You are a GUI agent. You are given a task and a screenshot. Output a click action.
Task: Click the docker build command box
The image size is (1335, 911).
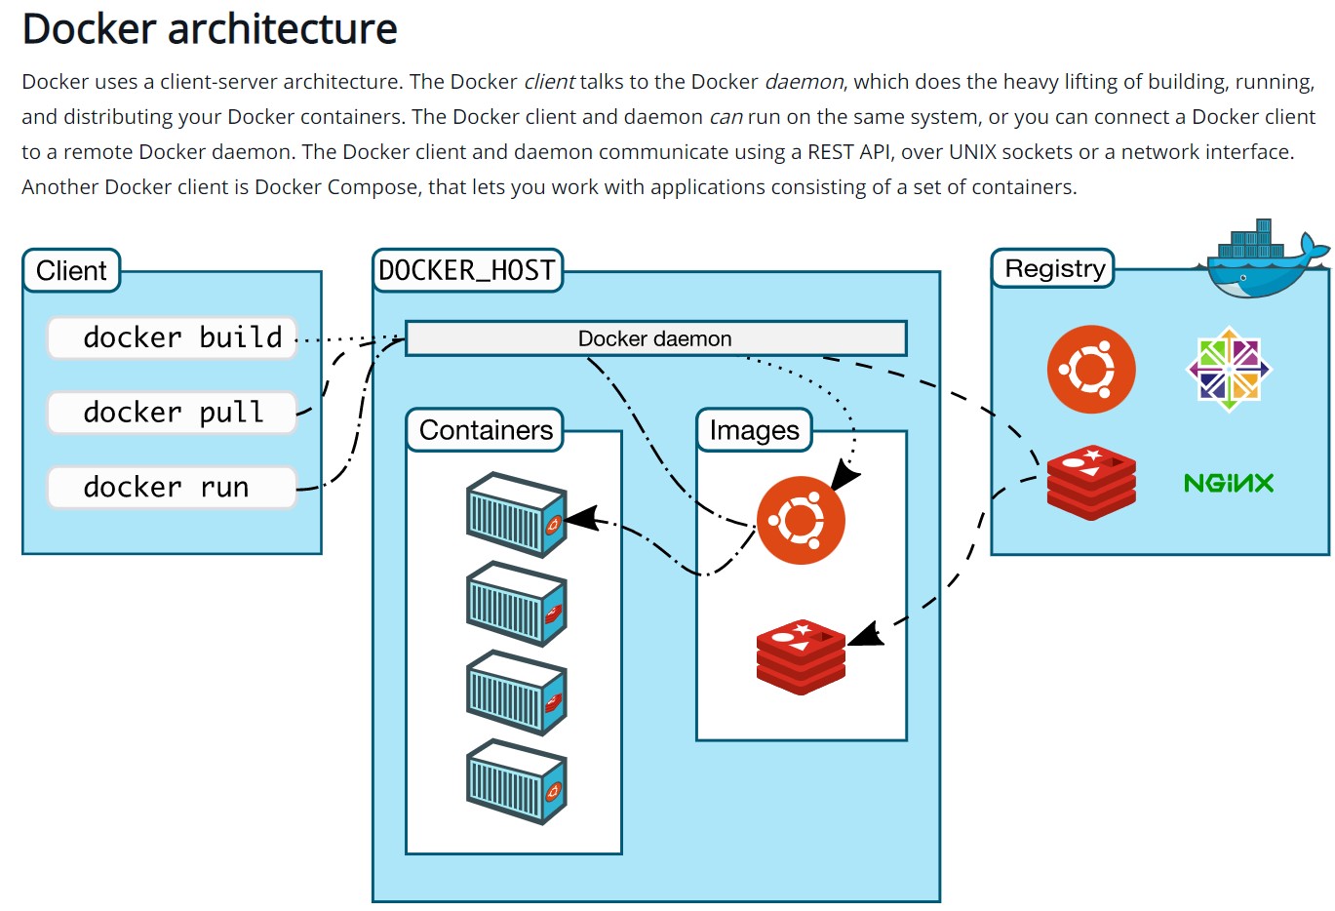coord(172,337)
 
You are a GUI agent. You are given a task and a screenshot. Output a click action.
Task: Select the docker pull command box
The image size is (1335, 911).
coord(172,413)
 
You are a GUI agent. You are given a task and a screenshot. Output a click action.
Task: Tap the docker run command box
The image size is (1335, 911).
coord(172,487)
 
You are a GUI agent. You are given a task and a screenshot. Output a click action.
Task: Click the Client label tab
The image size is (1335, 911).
coord(71,270)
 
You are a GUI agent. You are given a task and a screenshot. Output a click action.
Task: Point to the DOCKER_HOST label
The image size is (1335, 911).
coord(467,270)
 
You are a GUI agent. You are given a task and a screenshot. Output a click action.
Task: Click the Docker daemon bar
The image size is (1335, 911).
coord(655,338)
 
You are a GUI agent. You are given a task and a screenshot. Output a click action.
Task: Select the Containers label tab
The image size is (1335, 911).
coord(486,430)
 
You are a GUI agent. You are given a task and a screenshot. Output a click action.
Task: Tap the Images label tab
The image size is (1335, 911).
coord(754,430)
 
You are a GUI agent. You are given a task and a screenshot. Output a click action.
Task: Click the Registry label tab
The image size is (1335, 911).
coord(1054,268)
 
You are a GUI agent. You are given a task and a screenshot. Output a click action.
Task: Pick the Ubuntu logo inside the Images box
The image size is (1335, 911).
coord(801,520)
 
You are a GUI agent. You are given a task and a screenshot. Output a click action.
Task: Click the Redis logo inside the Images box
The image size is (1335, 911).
coord(801,655)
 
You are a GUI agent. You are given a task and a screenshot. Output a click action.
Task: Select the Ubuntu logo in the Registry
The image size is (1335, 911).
coord(1091,370)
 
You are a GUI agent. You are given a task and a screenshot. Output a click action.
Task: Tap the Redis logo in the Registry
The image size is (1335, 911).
coord(1091,482)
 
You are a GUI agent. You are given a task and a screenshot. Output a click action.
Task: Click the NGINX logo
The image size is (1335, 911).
coord(1229,483)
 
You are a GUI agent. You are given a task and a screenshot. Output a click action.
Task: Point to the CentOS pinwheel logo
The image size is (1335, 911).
coord(1229,369)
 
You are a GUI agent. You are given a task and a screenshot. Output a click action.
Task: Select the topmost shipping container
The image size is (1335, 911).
coord(516,514)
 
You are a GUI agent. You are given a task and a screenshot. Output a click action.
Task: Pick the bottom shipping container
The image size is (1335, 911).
coord(516,781)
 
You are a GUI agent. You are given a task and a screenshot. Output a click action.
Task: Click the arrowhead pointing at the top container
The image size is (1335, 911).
coord(580,519)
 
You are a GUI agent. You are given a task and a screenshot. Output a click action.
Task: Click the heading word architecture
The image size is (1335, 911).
coord(283,28)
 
